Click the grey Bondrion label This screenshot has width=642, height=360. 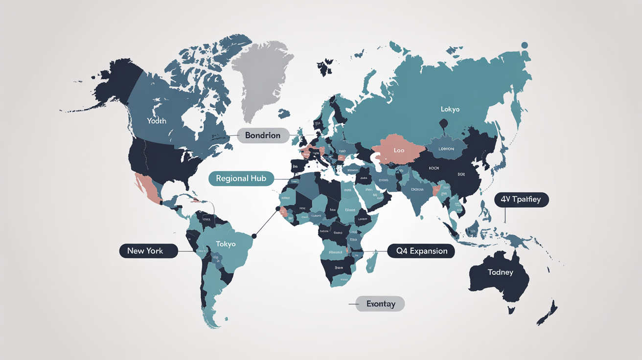262,135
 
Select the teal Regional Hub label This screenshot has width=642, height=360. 241,179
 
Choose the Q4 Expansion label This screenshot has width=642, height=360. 421,251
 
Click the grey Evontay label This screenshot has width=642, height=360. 380,304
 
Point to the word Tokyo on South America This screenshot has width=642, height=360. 226,244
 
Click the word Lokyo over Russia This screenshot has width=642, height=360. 450,109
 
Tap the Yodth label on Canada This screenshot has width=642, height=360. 157,120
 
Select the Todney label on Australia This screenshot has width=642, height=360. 501,272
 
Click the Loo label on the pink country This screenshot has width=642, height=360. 399,150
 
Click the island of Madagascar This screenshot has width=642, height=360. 371,261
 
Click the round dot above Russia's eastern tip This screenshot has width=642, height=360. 525,45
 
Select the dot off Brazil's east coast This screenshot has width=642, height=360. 254,236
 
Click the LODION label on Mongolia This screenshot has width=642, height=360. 446,149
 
